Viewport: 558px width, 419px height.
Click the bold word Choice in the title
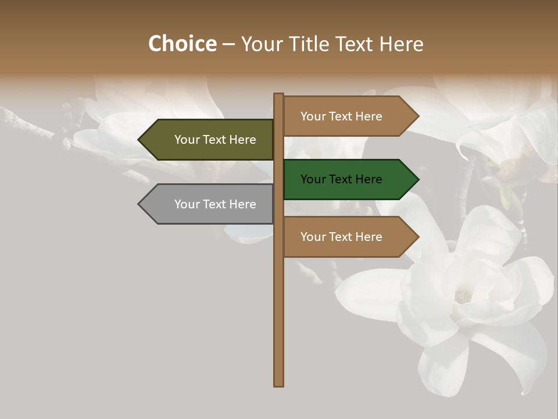click(x=182, y=44)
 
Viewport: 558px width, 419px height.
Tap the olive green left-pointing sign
click(x=209, y=140)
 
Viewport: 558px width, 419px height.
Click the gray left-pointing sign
click(x=209, y=204)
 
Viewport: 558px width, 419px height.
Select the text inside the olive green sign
click(x=215, y=140)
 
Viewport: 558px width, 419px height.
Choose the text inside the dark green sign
click(x=341, y=179)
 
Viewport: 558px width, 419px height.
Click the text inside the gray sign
click(x=215, y=204)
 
